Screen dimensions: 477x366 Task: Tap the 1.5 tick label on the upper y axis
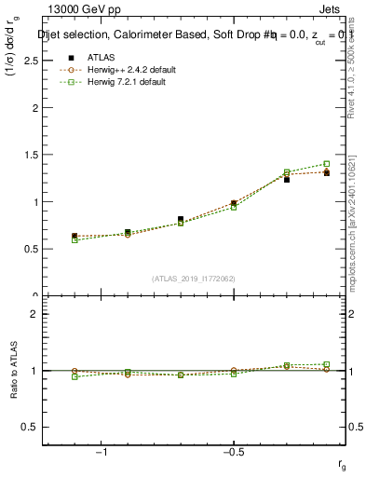pos(30,155)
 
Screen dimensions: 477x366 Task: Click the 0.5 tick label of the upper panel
pos(30,249)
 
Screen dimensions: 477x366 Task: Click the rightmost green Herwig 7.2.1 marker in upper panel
pos(327,164)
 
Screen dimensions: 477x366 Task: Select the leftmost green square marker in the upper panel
pos(75,240)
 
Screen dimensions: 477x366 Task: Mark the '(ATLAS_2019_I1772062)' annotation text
pos(192,279)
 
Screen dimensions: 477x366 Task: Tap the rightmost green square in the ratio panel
pos(327,364)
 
